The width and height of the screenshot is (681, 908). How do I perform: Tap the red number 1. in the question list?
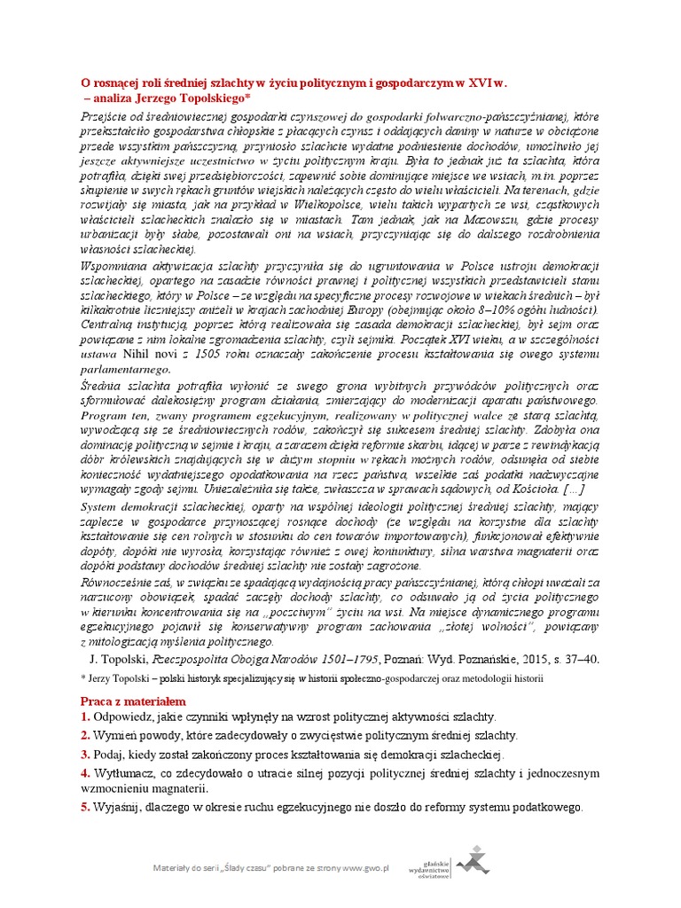point(86,716)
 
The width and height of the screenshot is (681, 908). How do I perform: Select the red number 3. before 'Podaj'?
point(86,755)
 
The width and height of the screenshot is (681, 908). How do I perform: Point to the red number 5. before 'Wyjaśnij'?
point(86,808)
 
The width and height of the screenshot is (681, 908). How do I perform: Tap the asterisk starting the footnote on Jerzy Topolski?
point(82,678)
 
